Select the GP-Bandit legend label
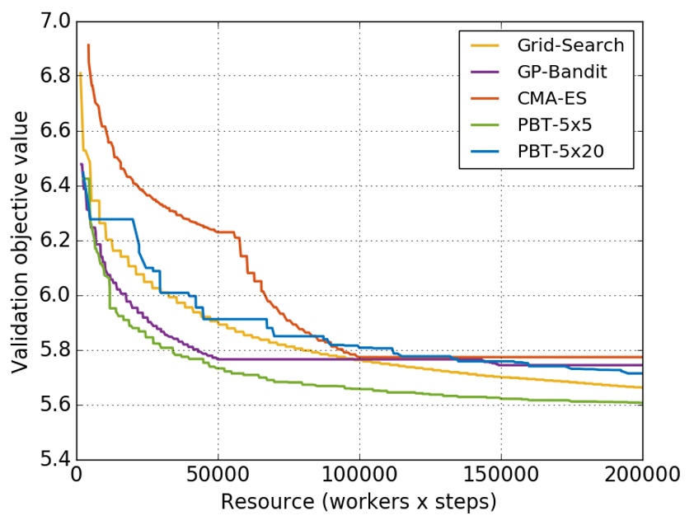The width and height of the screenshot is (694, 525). click(562, 72)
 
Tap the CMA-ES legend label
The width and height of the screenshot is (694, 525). click(553, 97)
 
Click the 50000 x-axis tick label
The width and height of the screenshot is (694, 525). click(218, 476)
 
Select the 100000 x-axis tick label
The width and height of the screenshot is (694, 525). click(359, 476)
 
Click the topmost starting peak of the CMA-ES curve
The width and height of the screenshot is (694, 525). click(87, 45)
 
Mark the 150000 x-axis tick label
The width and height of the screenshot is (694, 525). click(500, 476)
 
